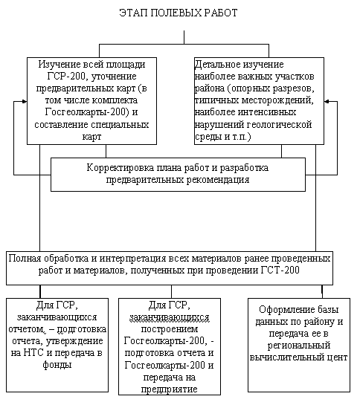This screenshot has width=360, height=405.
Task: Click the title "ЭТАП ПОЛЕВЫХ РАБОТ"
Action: [x=179, y=13]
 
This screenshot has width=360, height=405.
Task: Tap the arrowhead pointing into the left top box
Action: [x=25, y=102]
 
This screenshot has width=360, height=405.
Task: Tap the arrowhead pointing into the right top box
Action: [x=327, y=102]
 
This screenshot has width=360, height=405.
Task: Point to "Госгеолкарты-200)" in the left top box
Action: [x=87, y=112]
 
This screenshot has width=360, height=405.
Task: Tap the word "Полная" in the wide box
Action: [x=25, y=259]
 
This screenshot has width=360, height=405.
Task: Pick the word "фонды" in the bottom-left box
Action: [x=57, y=365]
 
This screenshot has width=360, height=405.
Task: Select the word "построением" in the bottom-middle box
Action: [x=170, y=329]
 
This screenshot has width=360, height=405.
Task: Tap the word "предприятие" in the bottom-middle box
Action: [x=170, y=389]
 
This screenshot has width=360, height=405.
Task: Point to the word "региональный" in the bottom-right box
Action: [x=299, y=346]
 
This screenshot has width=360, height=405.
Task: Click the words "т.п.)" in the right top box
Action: [x=241, y=137]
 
